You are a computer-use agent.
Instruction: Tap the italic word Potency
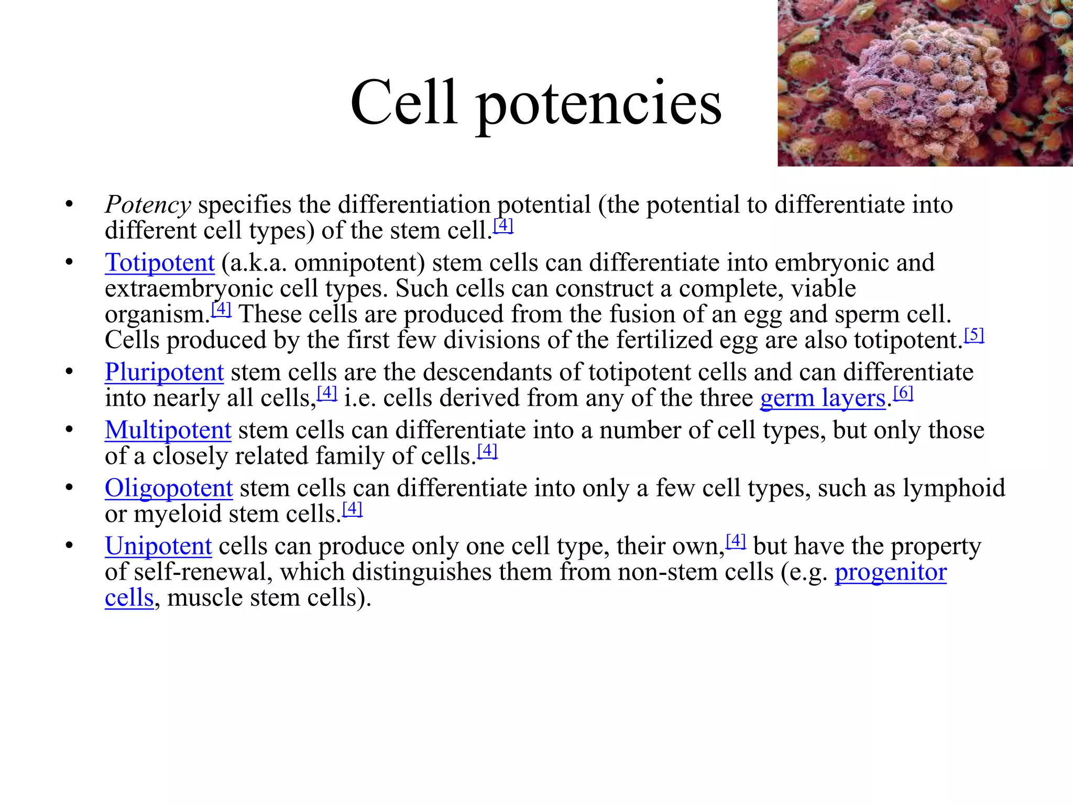[x=148, y=205]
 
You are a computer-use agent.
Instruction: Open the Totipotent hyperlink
[x=160, y=263]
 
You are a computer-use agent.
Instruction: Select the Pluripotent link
[x=164, y=372]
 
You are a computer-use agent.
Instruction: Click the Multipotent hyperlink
[x=168, y=430]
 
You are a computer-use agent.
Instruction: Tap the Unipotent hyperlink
[x=158, y=546]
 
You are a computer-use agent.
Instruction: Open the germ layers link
[x=822, y=398]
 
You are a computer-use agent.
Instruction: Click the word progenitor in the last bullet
[x=890, y=572]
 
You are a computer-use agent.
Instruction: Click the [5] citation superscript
[x=974, y=334]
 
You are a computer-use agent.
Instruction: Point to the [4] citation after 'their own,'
[x=736, y=540]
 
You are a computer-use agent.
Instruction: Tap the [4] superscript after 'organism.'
[x=221, y=309]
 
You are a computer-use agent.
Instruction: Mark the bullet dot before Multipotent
[x=69, y=430]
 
